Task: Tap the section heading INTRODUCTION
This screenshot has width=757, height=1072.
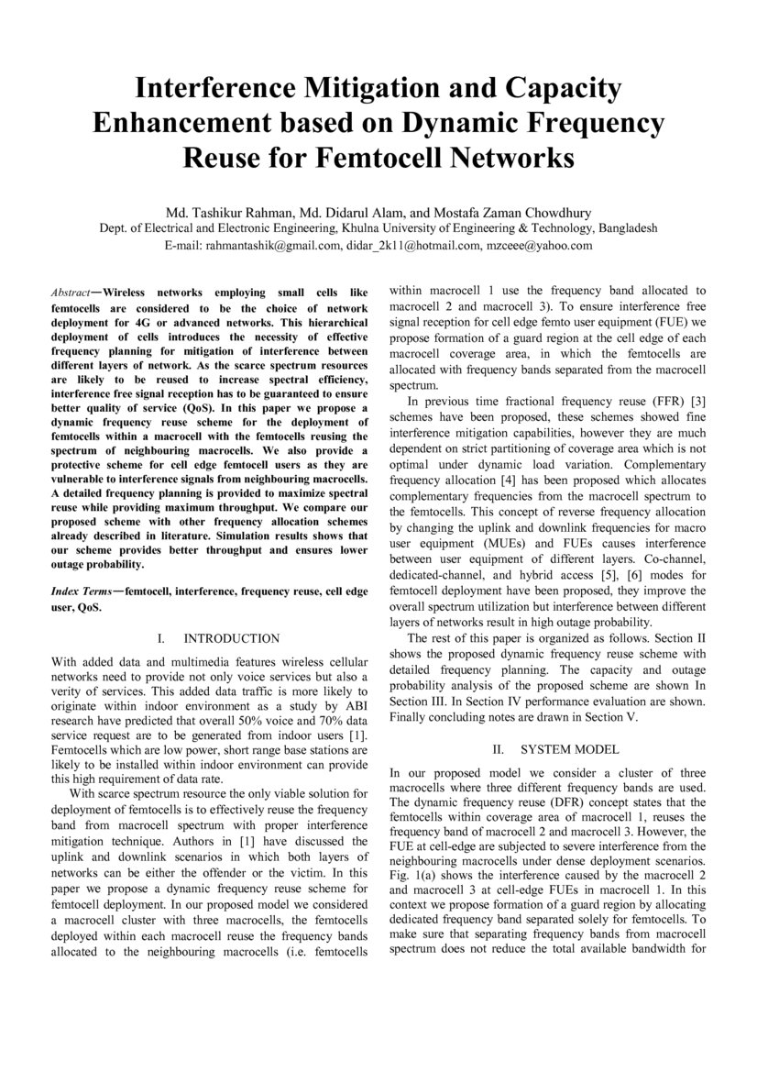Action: [x=232, y=638]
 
